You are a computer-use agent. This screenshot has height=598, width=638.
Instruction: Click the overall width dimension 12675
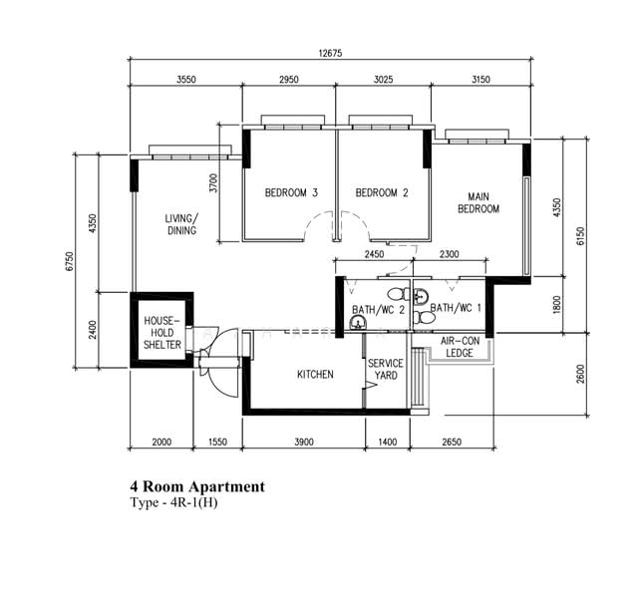pyautogui.click(x=330, y=53)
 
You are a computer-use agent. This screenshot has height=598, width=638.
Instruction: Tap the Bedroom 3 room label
pyautogui.click(x=291, y=192)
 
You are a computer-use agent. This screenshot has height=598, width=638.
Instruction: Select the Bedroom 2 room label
pyautogui.click(x=382, y=192)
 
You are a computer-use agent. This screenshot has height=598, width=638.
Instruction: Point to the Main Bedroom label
pyautogui.click(x=478, y=202)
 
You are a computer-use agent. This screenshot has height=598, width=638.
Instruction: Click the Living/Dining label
pyautogui.click(x=181, y=224)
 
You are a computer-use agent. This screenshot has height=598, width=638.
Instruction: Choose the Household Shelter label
pyautogui.click(x=161, y=332)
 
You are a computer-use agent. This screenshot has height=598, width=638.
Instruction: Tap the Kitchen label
pyautogui.click(x=315, y=375)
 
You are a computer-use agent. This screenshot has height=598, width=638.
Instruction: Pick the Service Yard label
pyautogui.click(x=386, y=369)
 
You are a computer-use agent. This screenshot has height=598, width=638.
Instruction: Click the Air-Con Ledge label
pyautogui.click(x=460, y=347)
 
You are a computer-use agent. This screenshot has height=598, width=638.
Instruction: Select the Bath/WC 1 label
pyautogui.click(x=456, y=308)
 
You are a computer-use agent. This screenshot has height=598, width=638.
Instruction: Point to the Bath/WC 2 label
pyautogui.click(x=379, y=310)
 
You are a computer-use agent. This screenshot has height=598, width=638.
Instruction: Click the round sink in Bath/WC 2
pyautogui.click(x=358, y=323)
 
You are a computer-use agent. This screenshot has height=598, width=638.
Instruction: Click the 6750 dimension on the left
pyautogui.click(x=69, y=261)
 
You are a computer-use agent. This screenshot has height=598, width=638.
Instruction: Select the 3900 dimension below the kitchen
pyautogui.click(x=304, y=442)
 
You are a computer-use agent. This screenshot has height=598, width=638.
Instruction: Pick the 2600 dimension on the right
pyautogui.click(x=580, y=374)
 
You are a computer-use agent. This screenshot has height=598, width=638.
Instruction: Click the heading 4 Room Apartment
pyautogui.click(x=197, y=486)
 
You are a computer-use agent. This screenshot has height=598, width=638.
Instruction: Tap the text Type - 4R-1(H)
pyautogui.click(x=173, y=502)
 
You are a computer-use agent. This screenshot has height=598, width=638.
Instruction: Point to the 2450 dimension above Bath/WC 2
pyautogui.click(x=374, y=254)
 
